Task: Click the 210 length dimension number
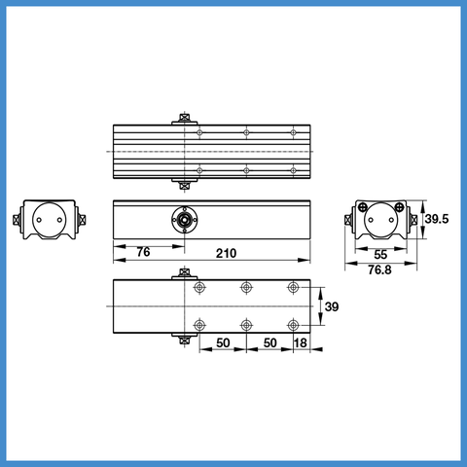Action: tap(226, 253)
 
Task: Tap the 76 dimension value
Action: tap(143, 252)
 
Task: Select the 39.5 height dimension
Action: tap(437, 219)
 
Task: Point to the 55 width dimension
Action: tap(380, 255)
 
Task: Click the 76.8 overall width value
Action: tap(379, 269)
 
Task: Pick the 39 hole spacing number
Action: tap(332, 306)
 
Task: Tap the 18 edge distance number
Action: tap(301, 342)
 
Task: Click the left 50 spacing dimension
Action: tap(223, 342)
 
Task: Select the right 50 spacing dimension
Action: tap(269, 342)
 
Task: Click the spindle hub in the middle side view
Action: tap(185, 220)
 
